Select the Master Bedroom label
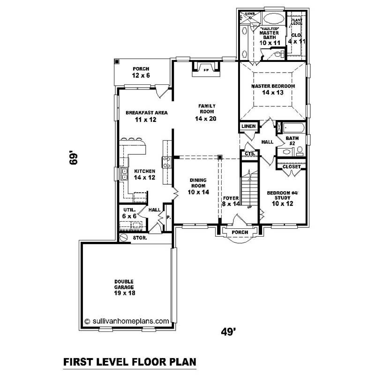coord(273,90)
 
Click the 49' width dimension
coord(228,331)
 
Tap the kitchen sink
coord(125,175)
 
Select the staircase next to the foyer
coord(250,185)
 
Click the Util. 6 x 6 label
coord(127,213)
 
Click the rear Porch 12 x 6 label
coord(141,72)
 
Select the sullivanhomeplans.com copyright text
coord(127,321)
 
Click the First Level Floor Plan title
coord(129,362)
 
